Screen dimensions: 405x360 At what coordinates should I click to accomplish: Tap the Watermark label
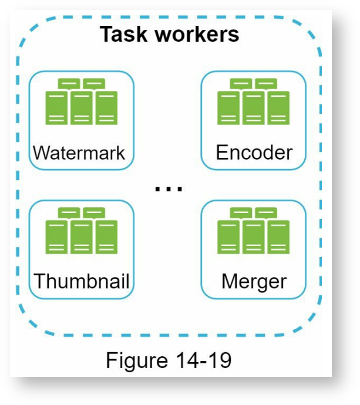pos(80,153)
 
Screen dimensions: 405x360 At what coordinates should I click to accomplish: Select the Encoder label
pos(254,153)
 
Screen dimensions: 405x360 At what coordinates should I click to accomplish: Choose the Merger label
pos(254,281)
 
